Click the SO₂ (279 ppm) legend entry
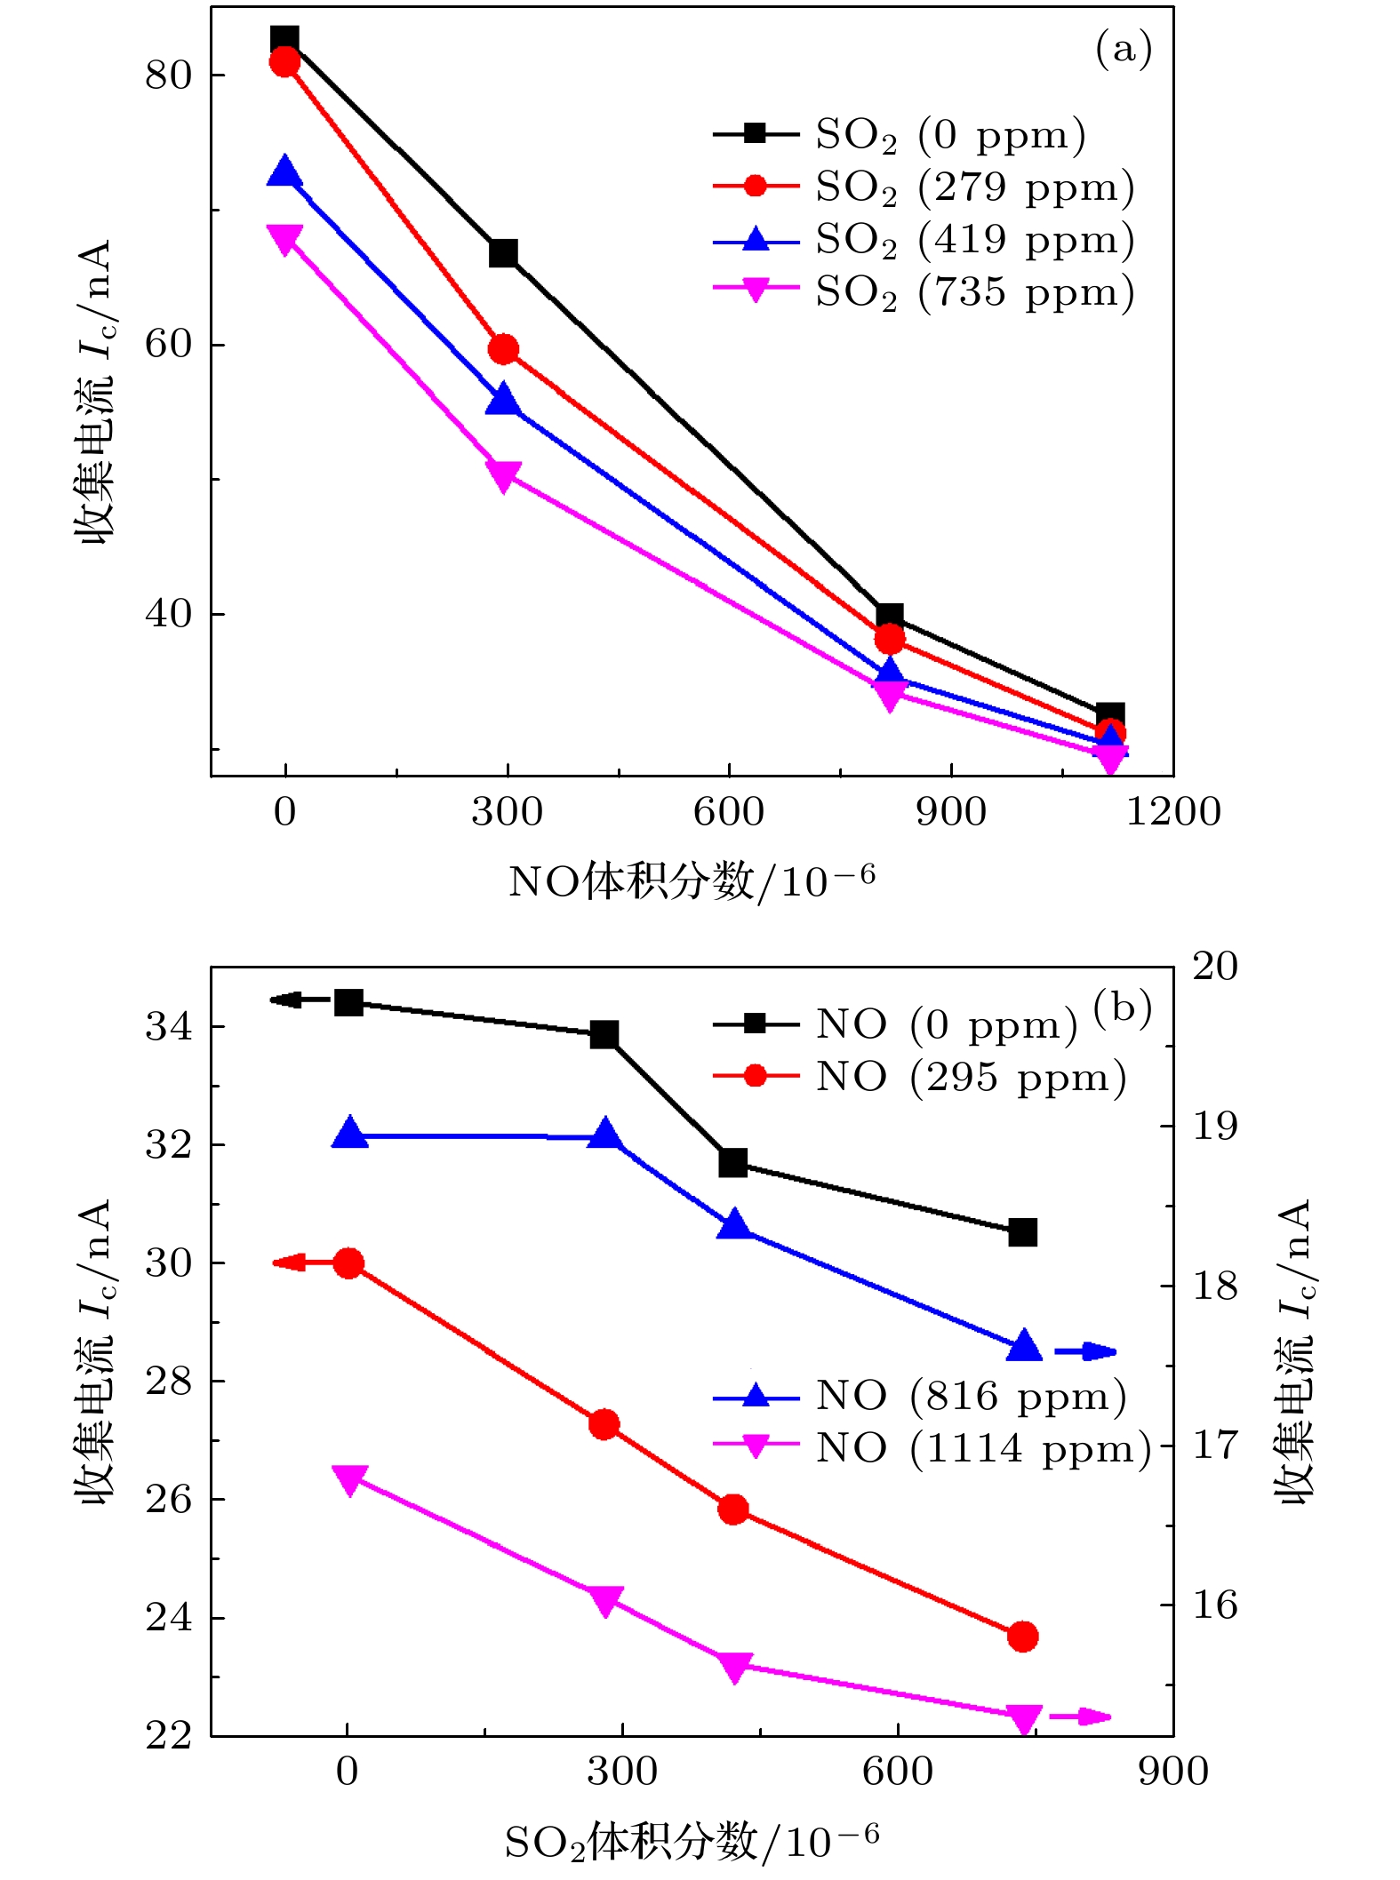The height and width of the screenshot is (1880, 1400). (924, 187)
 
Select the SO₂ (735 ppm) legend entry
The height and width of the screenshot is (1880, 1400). (924, 291)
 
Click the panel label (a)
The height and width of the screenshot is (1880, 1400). (1124, 49)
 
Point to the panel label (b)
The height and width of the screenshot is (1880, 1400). (1123, 1008)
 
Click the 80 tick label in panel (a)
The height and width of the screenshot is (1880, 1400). (169, 76)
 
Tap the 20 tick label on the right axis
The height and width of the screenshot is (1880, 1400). (1214, 967)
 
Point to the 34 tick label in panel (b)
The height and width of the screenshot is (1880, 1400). (169, 1027)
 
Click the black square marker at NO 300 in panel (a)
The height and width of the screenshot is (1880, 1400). (503, 253)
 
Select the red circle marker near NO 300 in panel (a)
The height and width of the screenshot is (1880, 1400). (503, 349)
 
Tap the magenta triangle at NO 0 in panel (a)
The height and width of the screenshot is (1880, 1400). (284, 239)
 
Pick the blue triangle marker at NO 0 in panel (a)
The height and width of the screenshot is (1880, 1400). (284, 171)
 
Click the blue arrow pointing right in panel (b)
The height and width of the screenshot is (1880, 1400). (1085, 1352)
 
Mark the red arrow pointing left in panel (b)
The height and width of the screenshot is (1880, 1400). (290, 1263)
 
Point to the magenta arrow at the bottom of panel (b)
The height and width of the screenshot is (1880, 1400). (1081, 1717)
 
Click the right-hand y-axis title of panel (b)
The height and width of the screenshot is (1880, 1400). (1294, 1350)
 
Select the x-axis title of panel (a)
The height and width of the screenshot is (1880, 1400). (692, 882)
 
